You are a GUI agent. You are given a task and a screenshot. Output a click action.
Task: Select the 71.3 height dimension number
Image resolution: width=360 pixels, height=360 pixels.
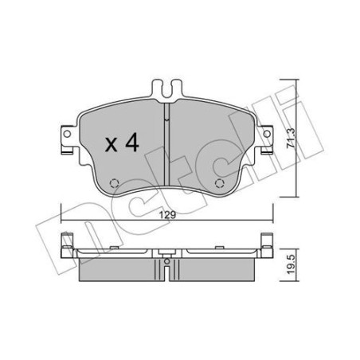(292, 139)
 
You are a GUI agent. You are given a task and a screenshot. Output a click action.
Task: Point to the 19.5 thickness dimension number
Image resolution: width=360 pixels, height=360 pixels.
(292, 264)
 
